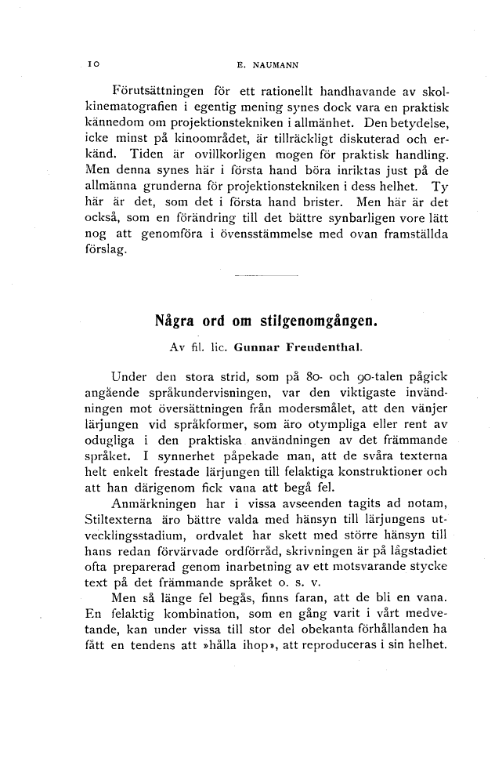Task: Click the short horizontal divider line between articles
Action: coord(266,276)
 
